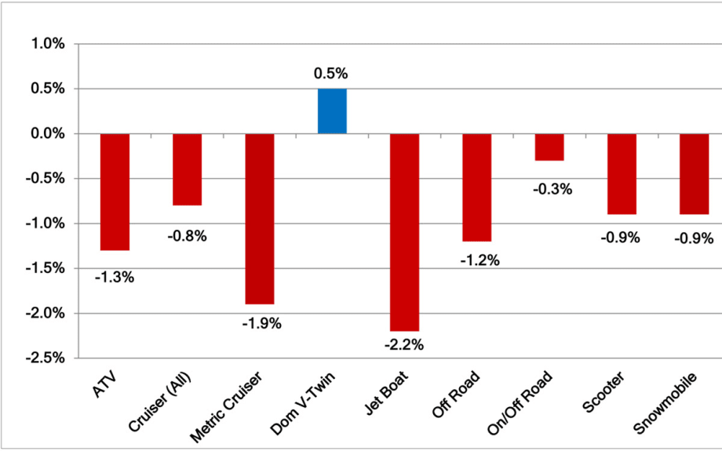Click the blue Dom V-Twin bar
click(332, 111)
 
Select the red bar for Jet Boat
click(404, 232)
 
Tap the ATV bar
click(115, 192)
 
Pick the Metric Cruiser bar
click(260, 219)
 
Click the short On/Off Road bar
click(549, 147)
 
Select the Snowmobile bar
click(694, 174)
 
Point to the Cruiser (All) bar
click(188, 169)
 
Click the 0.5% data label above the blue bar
click(330, 74)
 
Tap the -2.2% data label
click(404, 345)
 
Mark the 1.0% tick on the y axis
click(48, 45)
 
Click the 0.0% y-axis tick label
click(48, 134)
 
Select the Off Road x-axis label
click(456, 393)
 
